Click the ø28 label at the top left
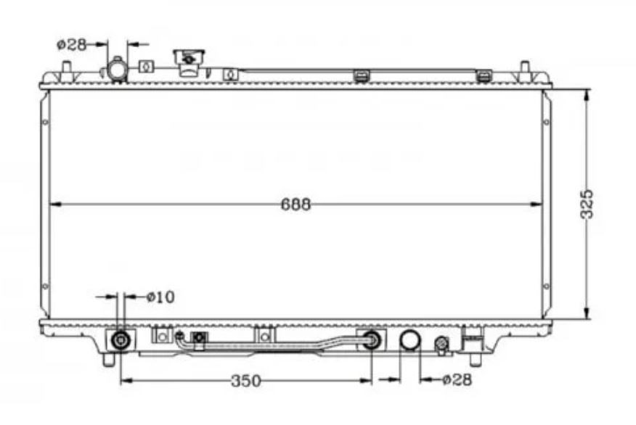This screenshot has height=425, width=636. click(x=72, y=44)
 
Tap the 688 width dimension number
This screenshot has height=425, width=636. click(x=295, y=205)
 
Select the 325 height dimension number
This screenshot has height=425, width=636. click(x=587, y=205)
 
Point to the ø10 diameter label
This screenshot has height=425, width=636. click(x=160, y=297)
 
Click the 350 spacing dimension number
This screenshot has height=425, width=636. click(x=246, y=381)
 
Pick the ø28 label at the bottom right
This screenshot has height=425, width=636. click(x=457, y=379)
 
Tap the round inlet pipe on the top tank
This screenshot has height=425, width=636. click(x=118, y=70)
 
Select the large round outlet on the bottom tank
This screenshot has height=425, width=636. click(x=410, y=339)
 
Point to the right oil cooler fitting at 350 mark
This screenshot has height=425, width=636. click(x=372, y=339)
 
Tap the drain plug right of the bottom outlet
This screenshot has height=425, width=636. click(x=441, y=344)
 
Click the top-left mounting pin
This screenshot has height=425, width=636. click(x=67, y=67)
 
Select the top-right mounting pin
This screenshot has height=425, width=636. click(x=524, y=67)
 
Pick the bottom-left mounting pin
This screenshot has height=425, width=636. click(x=108, y=360)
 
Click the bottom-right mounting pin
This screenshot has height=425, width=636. click(x=475, y=360)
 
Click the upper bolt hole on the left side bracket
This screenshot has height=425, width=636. click(x=45, y=122)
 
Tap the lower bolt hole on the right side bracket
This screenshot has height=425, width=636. click(x=547, y=286)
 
